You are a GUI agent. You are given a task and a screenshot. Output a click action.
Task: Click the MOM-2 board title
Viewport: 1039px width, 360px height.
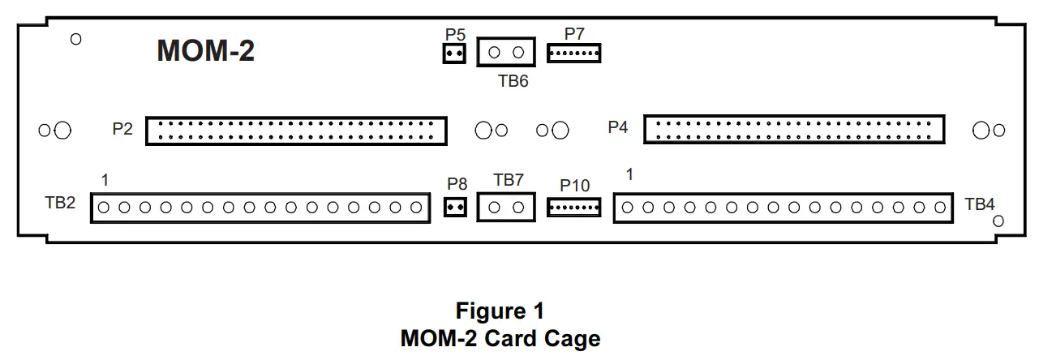pyautogui.click(x=205, y=51)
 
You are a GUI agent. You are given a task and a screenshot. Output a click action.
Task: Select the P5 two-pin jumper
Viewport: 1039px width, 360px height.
pyautogui.click(x=453, y=54)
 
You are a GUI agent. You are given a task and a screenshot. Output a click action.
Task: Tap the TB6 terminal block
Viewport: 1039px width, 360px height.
pyautogui.click(x=506, y=54)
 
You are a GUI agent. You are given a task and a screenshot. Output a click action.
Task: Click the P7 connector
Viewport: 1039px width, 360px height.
pyautogui.click(x=573, y=54)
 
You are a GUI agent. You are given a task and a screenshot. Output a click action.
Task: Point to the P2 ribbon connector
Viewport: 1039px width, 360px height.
pyautogui.click(x=296, y=130)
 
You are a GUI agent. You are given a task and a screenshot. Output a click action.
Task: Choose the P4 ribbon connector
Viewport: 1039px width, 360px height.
pyautogui.click(x=794, y=130)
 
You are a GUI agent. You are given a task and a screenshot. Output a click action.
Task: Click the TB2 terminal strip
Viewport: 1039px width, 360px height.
pyautogui.click(x=260, y=208)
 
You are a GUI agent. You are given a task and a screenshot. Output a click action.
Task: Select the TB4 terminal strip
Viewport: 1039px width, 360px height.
pyautogui.click(x=783, y=208)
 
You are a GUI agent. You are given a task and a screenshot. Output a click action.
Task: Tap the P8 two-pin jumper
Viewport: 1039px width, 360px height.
pyautogui.click(x=455, y=208)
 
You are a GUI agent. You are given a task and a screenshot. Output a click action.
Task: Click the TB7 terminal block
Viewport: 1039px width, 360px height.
pyautogui.click(x=507, y=208)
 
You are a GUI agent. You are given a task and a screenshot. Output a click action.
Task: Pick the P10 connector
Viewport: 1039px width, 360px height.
pyautogui.click(x=574, y=208)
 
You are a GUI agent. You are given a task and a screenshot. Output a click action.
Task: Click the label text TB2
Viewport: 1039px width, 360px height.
pyautogui.click(x=60, y=203)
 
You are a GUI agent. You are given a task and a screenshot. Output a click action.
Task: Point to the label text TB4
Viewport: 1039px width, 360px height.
pyautogui.click(x=980, y=204)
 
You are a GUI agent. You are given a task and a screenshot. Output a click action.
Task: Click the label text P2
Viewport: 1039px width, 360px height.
pyautogui.click(x=122, y=128)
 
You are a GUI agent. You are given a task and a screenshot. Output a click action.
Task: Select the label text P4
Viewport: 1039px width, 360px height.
pyautogui.click(x=618, y=127)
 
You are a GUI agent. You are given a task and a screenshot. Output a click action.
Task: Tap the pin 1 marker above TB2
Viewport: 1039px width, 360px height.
pyautogui.click(x=105, y=178)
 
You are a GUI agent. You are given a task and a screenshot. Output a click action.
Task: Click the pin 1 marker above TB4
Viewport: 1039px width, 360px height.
pyautogui.click(x=629, y=174)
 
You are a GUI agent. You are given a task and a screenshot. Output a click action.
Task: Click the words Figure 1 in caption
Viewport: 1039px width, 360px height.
pyautogui.click(x=500, y=311)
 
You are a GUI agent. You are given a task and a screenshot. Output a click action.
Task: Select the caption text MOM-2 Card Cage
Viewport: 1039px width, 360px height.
pyautogui.click(x=500, y=337)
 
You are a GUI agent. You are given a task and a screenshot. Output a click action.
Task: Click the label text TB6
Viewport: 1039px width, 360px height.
pyautogui.click(x=513, y=81)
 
